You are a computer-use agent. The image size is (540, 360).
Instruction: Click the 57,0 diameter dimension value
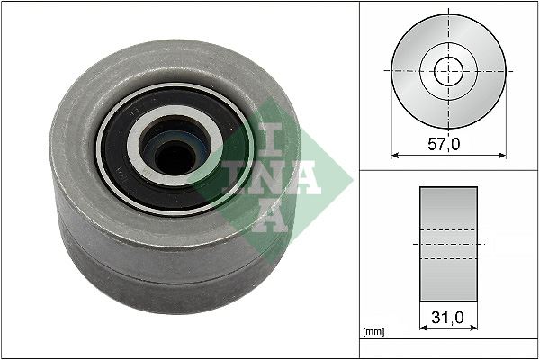[x=444, y=144]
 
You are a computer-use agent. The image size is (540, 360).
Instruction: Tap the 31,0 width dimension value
[x=447, y=318]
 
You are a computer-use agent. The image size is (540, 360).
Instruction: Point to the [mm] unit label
[x=374, y=331]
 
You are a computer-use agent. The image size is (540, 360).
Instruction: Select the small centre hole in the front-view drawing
[x=448, y=72]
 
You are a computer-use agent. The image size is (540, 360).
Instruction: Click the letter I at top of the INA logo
[x=270, y=139]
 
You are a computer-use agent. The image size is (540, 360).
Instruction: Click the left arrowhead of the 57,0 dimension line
[x=395, y=156]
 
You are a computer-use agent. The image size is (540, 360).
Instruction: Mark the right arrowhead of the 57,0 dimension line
[x=502, y=156]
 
